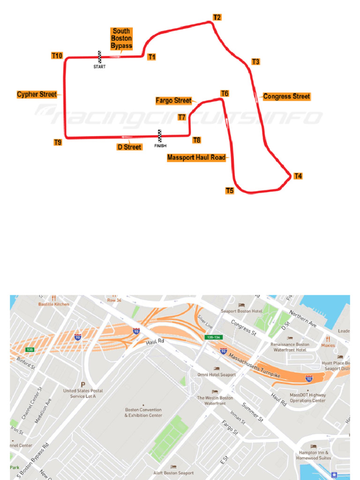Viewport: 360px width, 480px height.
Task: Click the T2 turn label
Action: coord(217,17)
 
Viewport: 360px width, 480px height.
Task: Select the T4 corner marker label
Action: coord(298,176)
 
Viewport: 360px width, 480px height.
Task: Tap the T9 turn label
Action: coord(58,142)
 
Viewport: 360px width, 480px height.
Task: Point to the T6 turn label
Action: coord(225,94)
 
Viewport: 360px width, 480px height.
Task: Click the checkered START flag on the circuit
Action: coord(99,57)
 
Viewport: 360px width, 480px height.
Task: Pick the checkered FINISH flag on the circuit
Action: coord(160,135)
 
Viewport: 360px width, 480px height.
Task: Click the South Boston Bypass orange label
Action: coord(121,39)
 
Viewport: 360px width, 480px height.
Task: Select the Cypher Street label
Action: coord(37,94)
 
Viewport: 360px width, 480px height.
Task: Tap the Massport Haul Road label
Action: coord(196,158)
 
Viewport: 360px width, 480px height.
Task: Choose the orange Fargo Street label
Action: coord(173,101)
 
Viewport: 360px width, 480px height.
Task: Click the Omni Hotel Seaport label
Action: coord(217,375)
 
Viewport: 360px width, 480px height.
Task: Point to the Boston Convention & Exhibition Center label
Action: coord(143,412)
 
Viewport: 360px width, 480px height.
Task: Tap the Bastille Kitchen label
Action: coord(53,304)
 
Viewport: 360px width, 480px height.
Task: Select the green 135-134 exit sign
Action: coord(212,337)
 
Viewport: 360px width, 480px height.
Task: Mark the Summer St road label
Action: coord(252,412)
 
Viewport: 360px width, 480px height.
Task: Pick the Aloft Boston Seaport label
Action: coord(173,473)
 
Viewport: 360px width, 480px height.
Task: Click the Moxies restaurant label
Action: coord(328,345)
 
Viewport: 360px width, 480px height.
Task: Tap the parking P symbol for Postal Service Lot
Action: coord(82,382)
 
